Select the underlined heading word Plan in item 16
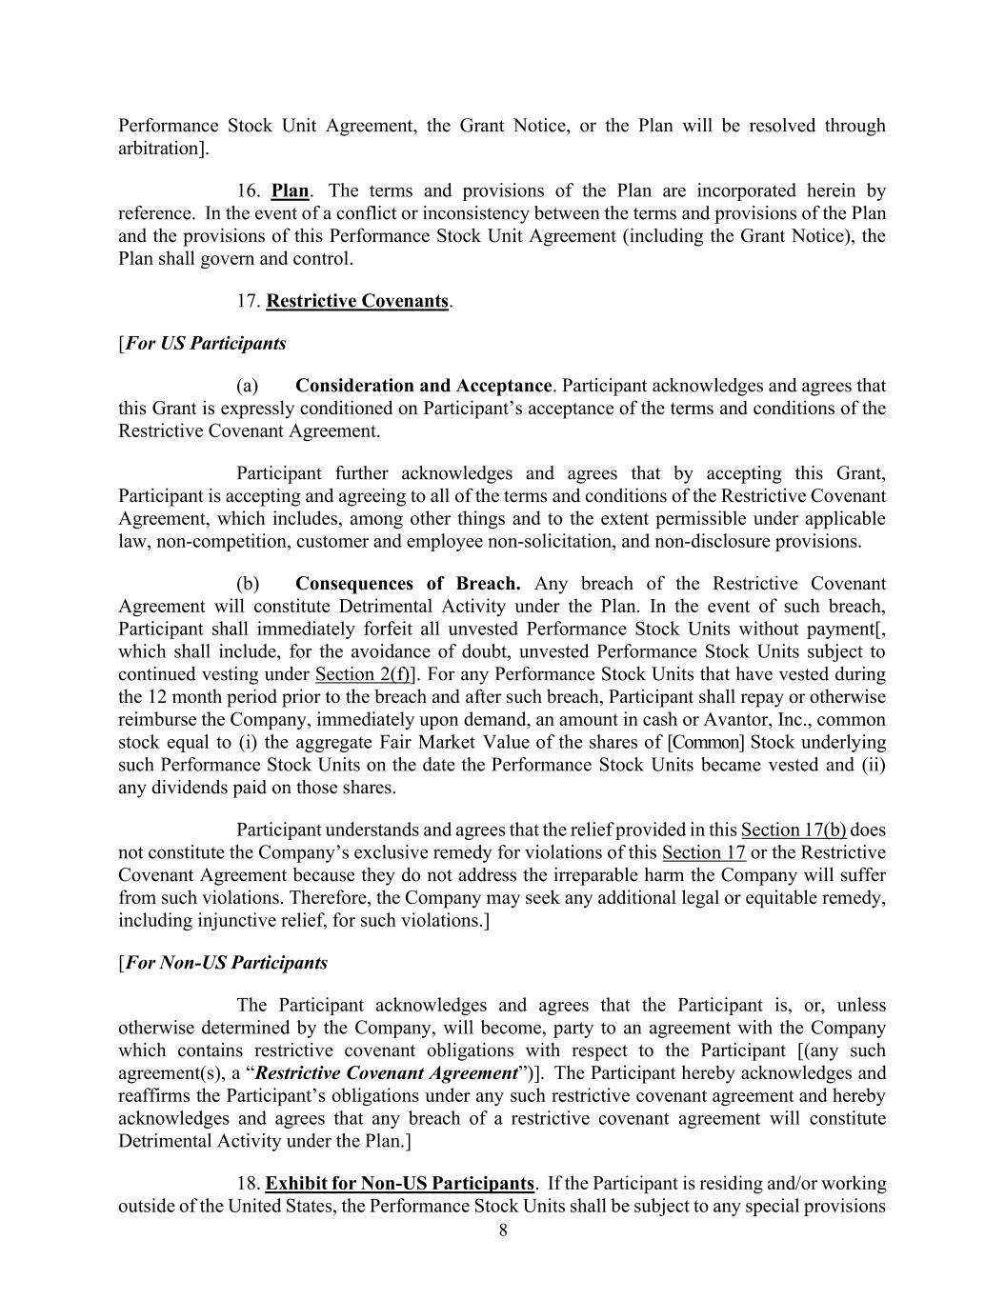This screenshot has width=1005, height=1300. click(290, 190)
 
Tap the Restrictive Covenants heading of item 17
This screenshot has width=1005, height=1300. click(357, 301)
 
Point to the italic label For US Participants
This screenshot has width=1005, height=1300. click(205, 343)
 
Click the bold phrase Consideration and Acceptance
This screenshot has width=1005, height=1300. click(423, 386)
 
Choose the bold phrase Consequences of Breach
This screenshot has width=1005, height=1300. click(408, 584)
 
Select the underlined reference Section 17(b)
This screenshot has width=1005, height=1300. click(794, 830)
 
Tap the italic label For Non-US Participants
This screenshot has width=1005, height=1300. click(226, 963)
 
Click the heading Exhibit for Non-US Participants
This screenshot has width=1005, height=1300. click(399, 1184)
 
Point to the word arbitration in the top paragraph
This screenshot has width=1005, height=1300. click(159, 149)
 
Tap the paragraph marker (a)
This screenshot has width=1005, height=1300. click(248, 386)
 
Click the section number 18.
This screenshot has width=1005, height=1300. click(247, 1184)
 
